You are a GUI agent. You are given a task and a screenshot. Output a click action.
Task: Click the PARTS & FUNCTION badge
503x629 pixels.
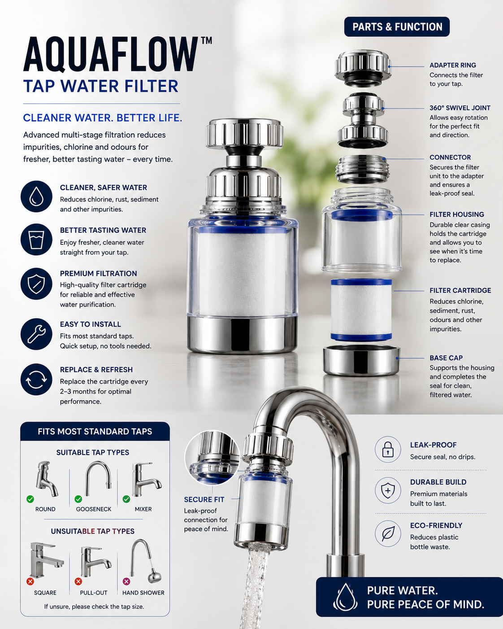point(397,26)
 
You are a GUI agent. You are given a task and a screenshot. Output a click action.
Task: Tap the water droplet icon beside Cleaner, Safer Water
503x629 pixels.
point(36,196)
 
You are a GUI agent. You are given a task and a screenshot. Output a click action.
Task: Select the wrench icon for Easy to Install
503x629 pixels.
point(36,334)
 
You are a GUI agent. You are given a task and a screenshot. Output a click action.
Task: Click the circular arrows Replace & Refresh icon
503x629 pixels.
point(36,380)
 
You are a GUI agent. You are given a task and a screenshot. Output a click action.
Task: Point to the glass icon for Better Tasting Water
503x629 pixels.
point(36,240)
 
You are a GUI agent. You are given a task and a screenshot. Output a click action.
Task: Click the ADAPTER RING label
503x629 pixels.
point(453,65)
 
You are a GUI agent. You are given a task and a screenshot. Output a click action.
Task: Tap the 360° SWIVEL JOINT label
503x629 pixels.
point(460,108)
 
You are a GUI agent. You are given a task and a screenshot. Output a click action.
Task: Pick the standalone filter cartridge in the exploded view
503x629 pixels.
point(361,310)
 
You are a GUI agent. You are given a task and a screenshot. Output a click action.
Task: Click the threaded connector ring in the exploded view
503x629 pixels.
point(362,169)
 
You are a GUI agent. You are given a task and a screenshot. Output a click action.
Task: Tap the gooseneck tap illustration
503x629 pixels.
point(98,478)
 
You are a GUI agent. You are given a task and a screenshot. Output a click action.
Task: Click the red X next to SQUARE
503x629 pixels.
point(30,581)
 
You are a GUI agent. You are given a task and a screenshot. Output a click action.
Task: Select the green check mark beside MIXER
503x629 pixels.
point(126,499)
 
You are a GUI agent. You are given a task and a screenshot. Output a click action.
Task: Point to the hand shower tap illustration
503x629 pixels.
point(145,561)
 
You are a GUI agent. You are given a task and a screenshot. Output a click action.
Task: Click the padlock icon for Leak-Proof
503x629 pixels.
point(388,450)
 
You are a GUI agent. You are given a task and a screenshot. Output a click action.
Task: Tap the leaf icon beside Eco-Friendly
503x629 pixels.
point(388,533)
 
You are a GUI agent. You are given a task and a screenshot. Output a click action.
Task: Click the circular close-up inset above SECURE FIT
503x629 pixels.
point(212,458)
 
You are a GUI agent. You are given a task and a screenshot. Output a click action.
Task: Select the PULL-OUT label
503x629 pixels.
point(94,593)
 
